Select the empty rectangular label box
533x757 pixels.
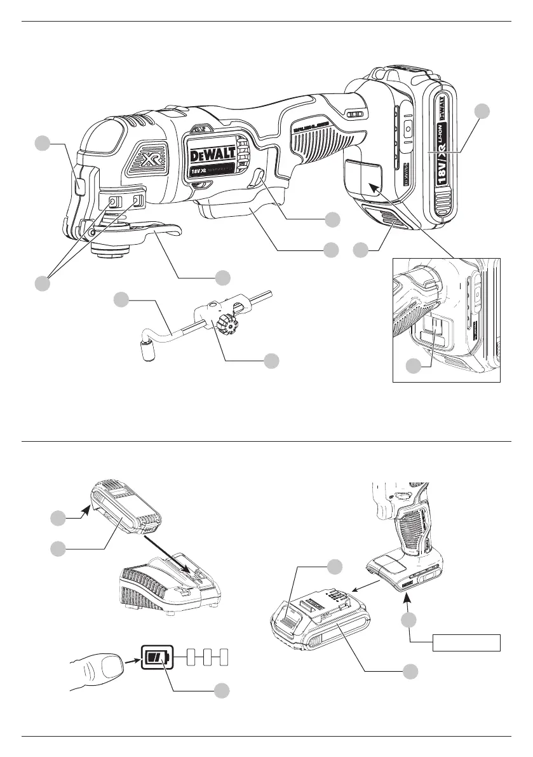coord(468,643)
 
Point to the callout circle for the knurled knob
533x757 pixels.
coord(271,361)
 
